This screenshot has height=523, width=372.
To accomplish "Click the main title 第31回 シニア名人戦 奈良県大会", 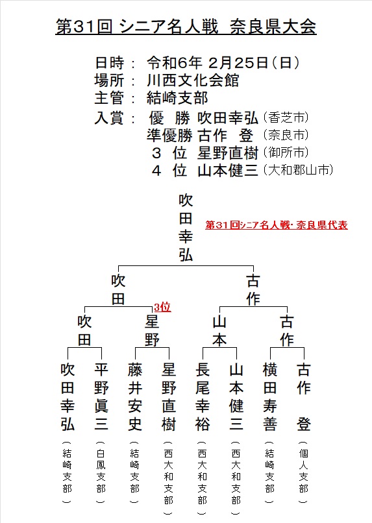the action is point(186,27).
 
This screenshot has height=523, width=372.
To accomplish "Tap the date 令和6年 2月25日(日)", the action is point(223,63).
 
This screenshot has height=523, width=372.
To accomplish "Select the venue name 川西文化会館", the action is point(193,80).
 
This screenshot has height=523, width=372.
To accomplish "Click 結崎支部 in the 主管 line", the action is point(177,98).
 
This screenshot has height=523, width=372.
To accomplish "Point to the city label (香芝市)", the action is point(286,117).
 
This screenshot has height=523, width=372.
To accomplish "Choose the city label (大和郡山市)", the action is point(298,170).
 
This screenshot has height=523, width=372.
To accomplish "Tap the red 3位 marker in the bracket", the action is point(162,307).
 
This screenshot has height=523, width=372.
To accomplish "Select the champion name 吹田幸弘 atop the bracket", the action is point(186,228).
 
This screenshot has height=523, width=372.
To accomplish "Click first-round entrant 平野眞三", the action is point(101,397).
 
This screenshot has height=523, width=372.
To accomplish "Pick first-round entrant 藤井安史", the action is point(135,397).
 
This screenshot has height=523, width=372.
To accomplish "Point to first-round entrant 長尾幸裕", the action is point(203,397).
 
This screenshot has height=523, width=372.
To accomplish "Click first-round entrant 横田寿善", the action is point(270,397).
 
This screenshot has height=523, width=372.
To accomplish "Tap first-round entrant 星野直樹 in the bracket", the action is point(169,397).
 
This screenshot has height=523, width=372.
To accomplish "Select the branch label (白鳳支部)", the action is point(101,472).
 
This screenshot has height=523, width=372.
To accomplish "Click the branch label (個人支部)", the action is point(304,472).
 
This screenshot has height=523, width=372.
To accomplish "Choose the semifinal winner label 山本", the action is point(219,331).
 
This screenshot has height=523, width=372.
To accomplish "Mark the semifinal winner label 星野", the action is point(152,331).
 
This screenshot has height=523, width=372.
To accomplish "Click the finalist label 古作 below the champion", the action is point(253,290).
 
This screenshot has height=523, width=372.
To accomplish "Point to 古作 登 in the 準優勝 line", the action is point(225,136).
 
